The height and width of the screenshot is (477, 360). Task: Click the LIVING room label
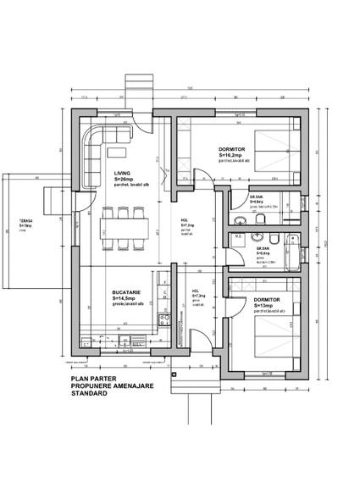coord(124,172)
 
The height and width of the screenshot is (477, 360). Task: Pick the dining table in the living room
coord(124,226)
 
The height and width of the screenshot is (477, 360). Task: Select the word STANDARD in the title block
coord(90,394)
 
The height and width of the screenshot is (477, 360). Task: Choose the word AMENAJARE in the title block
coord(126,386)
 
